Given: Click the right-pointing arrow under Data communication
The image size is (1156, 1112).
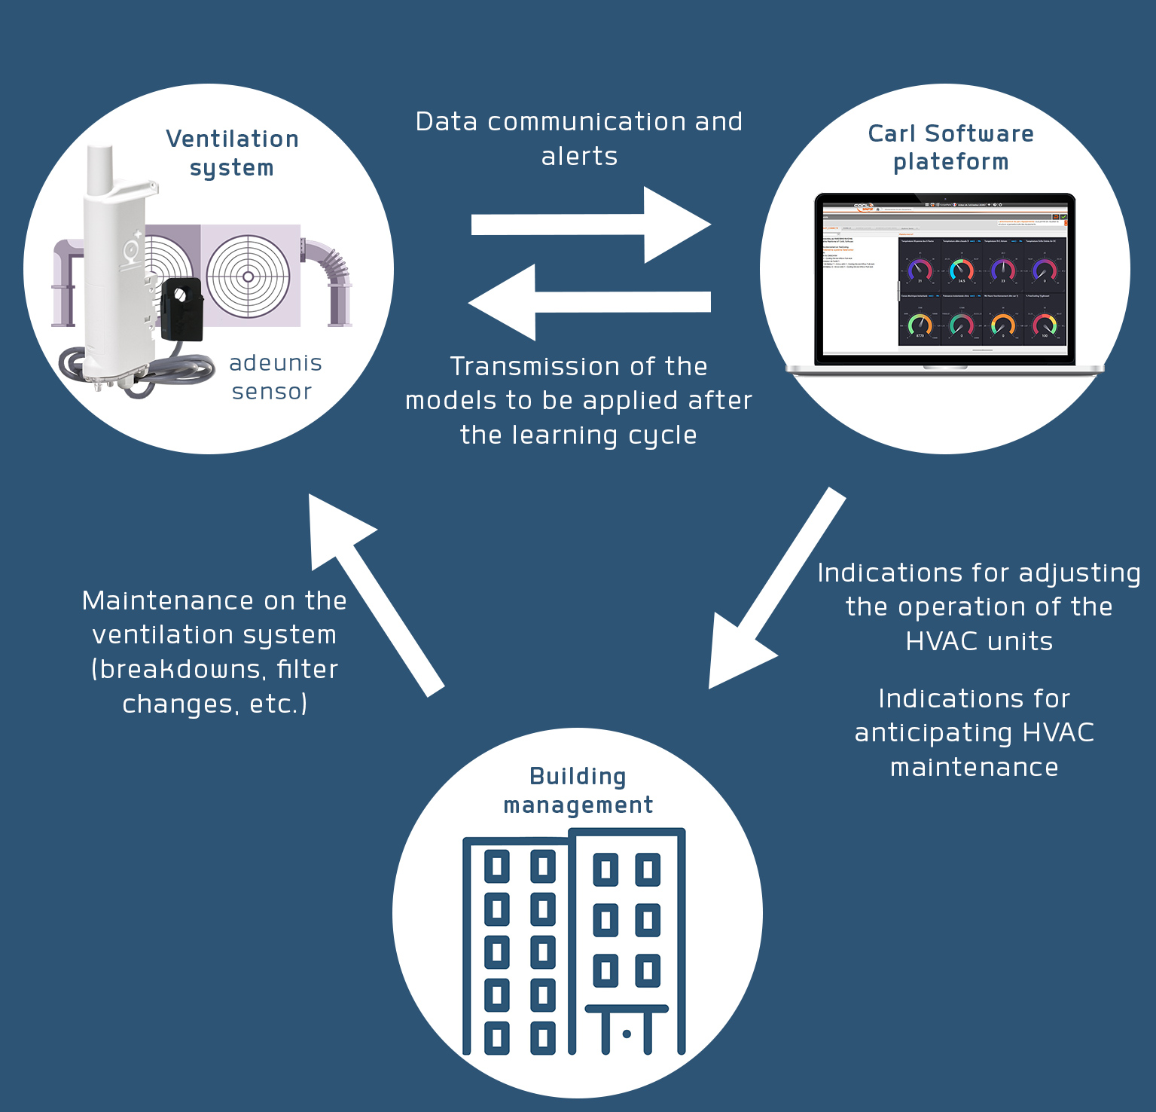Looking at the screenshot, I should click(x=591, y=225).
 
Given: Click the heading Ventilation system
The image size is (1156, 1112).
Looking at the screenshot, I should click(x=232, y=153).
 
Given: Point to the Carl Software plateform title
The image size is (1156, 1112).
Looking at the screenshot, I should click(x=950, y=148).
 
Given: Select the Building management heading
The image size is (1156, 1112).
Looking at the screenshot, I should click(x=578, y=790).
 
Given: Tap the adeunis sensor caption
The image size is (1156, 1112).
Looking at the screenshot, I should click(x=275, y=377).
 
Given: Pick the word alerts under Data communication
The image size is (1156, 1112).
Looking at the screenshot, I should click(x=579, y=156).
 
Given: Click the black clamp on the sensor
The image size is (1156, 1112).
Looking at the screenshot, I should click(x=183, y=309).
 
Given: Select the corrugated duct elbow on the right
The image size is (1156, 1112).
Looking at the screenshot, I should click(x=331, y=264).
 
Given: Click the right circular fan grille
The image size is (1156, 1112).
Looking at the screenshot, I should click(x=249, y=276).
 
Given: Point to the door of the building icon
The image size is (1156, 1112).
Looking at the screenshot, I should click(x=627, y=1033).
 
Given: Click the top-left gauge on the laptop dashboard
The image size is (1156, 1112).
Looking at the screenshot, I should click(x=920, y=270).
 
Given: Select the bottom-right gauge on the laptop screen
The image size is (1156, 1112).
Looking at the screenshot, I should click(x=1045, y=325).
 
